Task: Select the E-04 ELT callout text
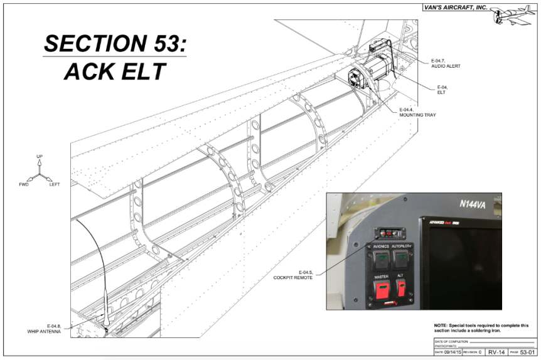[442, 89]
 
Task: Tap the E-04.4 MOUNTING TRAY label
[417, 114]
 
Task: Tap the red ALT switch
[400, 289]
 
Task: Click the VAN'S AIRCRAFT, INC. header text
[456, 7]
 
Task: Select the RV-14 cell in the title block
[496, 352]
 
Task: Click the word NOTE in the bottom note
[442, 325]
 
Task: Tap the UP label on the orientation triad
[40, 156]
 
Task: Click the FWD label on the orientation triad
[24, 184]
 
